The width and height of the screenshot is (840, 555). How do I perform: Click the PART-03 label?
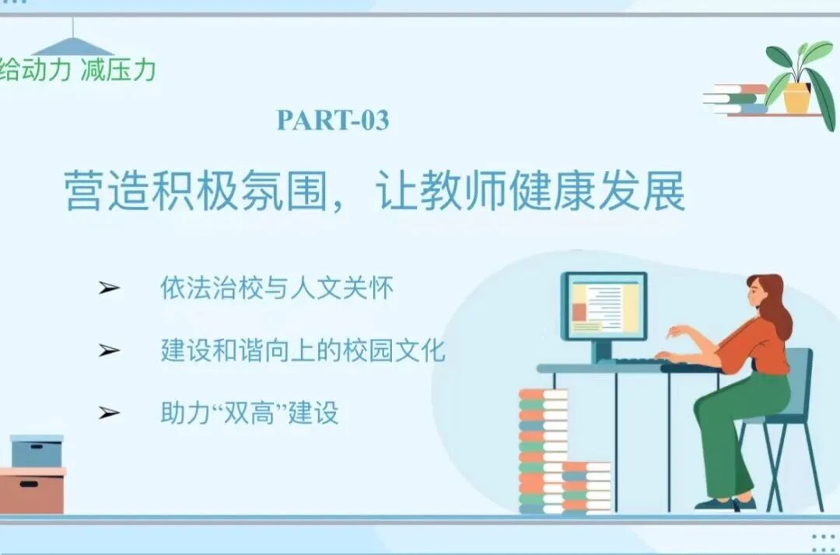pyautogui.click(x=333, y=120)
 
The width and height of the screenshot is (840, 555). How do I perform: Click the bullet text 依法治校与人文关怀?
pyautogui.click(x=277, y=288)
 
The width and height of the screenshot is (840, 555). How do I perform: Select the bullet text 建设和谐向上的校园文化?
pyautogui.click(x=303, y=351)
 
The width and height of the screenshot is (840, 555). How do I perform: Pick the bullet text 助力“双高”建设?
pyautogui.click(x=250, y=413)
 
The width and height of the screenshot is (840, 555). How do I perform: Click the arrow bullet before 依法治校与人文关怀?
pyautogui.click(x=109, y=288)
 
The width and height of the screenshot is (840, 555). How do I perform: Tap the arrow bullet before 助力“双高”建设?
pyautogui.click(x=109, y=413)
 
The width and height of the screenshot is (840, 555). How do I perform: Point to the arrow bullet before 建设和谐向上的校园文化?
pyautogui.click(x=109, y=351)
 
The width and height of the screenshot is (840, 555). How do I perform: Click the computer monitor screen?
pyautogui.click(x=604, y=306)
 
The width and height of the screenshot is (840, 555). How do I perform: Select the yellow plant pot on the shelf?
pyautogui.click(x=796, y=98)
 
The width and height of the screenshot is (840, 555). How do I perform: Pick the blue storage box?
pyautogui.click(x=37, y=452)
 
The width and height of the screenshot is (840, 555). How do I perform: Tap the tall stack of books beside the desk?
pyautogui.click(x=542, y=451)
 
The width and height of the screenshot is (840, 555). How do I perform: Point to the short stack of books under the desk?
pyautogui.click(x=586, y=488)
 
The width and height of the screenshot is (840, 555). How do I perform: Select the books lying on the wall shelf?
pyautogui.click(x=735, y=99)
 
